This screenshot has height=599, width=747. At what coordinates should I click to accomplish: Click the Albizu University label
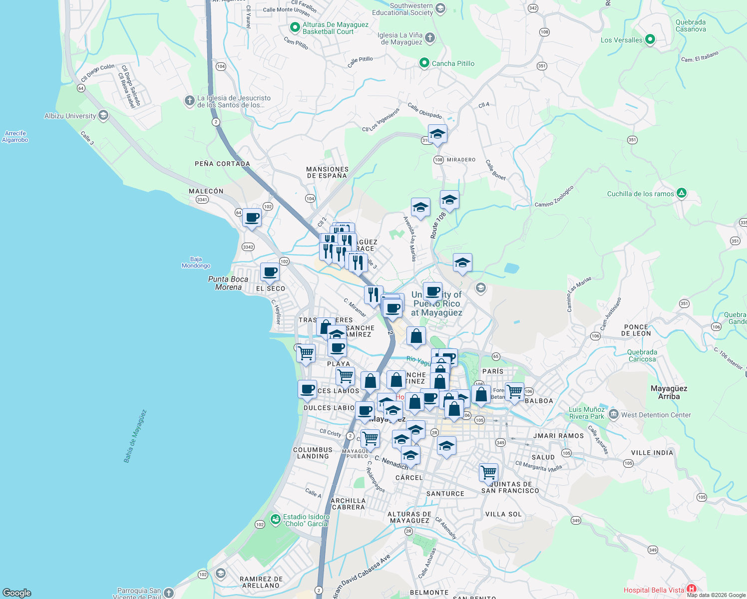pos(70,116)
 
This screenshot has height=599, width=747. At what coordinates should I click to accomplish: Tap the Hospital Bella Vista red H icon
pos(691,590)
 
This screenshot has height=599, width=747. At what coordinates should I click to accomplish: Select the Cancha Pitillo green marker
pos(424,63)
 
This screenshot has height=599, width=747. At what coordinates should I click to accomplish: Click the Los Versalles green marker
pos(650,39)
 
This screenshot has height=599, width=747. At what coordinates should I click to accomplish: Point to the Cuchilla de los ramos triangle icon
pos(682,193)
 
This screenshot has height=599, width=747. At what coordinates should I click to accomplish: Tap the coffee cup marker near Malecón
pos(252,218)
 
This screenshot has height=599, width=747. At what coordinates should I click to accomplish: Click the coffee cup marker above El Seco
pos(270,273)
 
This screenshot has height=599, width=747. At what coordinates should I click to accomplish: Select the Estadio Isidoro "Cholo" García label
pos(306,520)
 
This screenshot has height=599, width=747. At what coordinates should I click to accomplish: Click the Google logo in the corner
pos(17,593)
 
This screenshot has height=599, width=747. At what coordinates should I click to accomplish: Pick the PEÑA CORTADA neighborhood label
pos(222,164)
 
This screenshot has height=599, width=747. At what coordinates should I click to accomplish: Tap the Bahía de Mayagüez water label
pos(135,436)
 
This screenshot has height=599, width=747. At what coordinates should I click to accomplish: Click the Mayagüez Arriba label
pos(669,392)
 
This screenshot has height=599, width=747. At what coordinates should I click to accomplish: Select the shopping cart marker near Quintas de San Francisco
pos(488,472)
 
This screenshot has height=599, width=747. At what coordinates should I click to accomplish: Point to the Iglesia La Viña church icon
pos(429,38)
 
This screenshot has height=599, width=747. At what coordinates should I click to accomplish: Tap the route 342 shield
pos(533,8)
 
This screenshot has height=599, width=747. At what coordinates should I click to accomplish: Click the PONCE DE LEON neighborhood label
pos(636,330)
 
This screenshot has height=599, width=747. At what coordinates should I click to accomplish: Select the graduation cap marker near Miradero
pos(437,134)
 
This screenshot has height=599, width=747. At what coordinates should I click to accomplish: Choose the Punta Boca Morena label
pos(228,283)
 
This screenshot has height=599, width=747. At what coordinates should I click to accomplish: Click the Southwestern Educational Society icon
pos(440,8)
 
